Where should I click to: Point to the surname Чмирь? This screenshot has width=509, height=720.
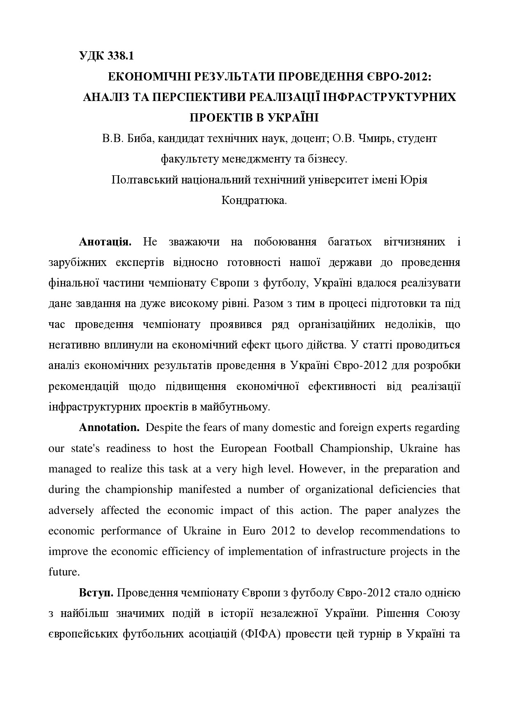coord(374,139)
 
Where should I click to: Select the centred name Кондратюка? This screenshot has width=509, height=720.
coord(254,201)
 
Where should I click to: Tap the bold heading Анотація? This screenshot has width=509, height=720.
coord(105,242)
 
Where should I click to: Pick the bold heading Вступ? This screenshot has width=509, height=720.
coord(96,593)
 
